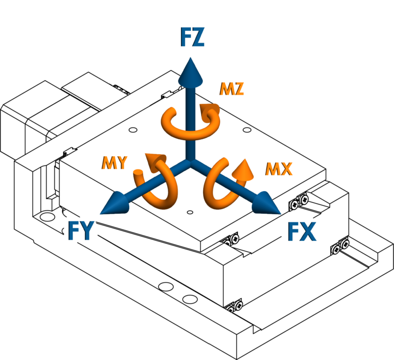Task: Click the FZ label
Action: coord(192,37)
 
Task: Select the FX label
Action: coord(302,232)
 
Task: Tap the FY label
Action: coord(81,231)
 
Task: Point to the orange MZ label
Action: coord(232,88)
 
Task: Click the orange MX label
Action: coord(279,169)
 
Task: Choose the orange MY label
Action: coord(114,162)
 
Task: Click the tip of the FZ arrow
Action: coord(190,58)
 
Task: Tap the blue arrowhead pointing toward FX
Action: coord(266,203)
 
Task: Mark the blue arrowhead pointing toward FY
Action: coord(114,203)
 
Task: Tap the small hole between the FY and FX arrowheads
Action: coord(190,212)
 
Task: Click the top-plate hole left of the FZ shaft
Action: coord(133,130)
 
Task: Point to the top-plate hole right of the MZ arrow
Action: coord(247,130)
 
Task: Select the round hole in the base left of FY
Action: coord(48,216)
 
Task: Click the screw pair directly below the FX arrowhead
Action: coord(299,201)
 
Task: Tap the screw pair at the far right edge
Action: coord(340,247)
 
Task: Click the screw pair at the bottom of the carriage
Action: coord(234,306)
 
